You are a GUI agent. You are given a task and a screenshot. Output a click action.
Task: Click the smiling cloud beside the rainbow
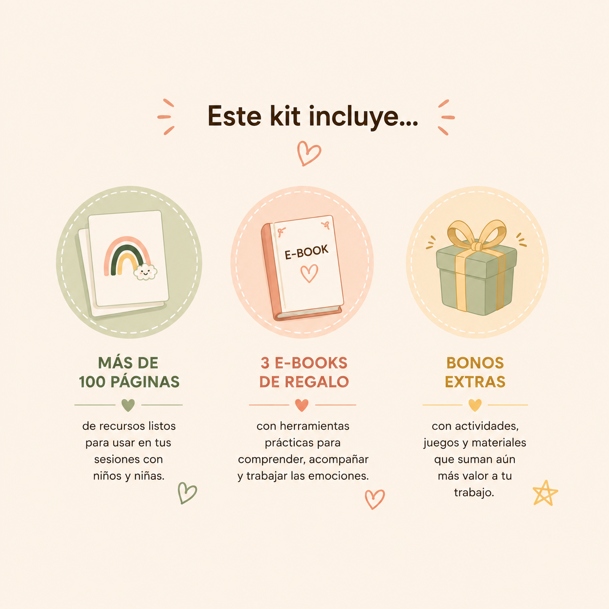145,271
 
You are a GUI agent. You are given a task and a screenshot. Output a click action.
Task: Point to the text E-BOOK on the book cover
306,252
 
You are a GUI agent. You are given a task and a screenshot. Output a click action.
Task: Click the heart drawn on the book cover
309,273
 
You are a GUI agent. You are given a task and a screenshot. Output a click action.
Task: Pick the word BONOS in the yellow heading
475,363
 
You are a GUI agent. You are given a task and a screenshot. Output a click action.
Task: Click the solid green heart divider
128,405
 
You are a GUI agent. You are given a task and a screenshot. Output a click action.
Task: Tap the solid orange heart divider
302,405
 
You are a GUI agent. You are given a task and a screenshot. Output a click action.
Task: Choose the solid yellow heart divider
474,405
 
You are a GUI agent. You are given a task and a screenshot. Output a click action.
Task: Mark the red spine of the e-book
273,272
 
